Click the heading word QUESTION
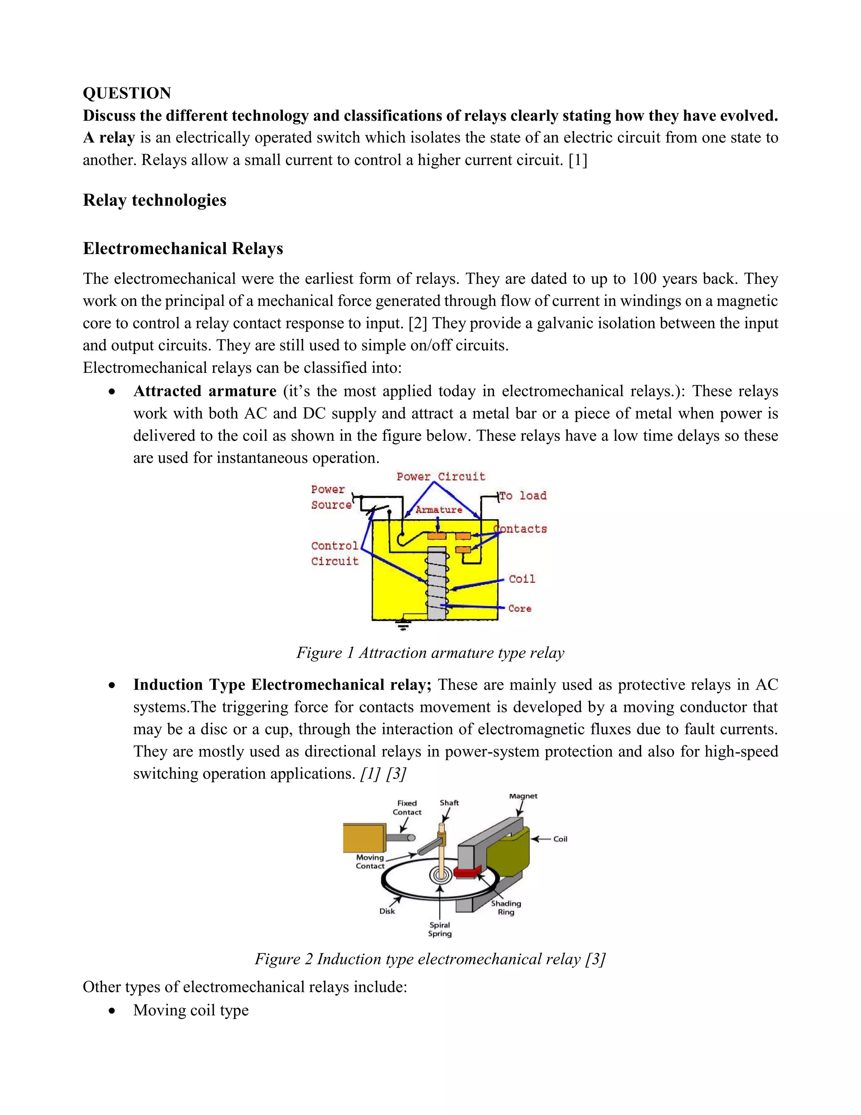tap(127, 93)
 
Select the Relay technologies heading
tap(155, 200)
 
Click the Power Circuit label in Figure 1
tap(441, 476)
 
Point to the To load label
tap(523, 496)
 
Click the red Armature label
tap(438, 510)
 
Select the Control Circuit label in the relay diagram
tap(335, 553)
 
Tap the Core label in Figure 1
tap(520, 608)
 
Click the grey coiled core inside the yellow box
tap(437, 582)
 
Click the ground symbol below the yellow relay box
tap(404, 626)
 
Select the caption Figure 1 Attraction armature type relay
tap(430, 653)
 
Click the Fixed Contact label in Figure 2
tap(407, 808)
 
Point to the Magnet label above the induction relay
tap(523, 796)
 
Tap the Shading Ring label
tap(506, 907)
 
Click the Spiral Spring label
tap(440, 929)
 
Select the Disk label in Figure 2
tap(387, 911)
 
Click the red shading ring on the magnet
tap(467, 871)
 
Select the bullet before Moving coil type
tap(112, 1011)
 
